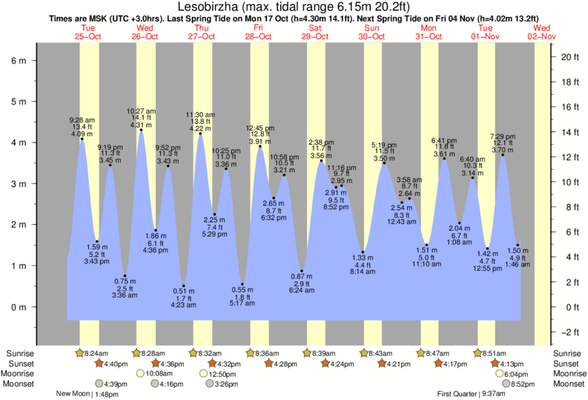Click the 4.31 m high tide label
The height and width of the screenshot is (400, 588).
pyautogui.click(x=140, y=125)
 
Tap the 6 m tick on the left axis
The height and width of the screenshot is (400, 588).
pyautogui.click(x=16, y=61)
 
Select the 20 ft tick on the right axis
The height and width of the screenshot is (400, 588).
pyautogui.click(x=569, y=56)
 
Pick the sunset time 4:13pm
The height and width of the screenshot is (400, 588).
pyautogui.click(x=512, y=364)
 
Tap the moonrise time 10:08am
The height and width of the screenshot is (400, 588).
pyautogui.click(x=159, y=374)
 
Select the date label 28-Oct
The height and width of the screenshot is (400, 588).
pyautogui.click(x=259, y=36)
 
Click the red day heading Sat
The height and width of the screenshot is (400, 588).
pyautogui.click(x=316, y=28)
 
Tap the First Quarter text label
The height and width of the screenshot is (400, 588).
pyautogui.click(x=457, y=394)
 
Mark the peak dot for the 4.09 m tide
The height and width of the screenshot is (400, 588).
pyautogui.click(x=82, y=139)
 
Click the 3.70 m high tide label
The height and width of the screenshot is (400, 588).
pyautogui.click(x=503, y=150)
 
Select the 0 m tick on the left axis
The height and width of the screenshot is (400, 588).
pyautogui.click(x=16, y=307)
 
